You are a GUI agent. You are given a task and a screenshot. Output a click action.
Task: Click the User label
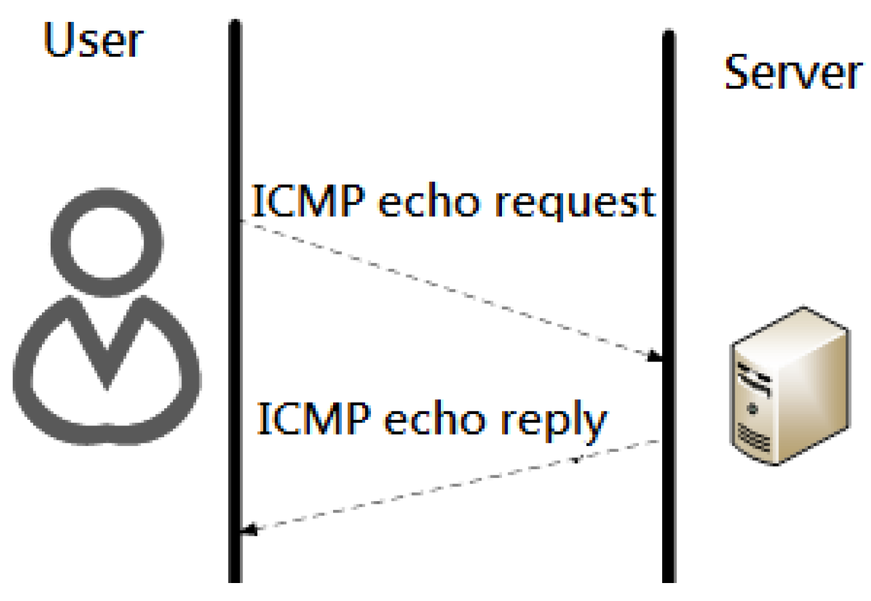pyautogui.click(x=92, y=41)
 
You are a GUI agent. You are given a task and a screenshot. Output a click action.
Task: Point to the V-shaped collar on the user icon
pyautogui.click(x=107, y=346)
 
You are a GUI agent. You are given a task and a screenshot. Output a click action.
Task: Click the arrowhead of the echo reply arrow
pyautogui.click(x=248, y=530)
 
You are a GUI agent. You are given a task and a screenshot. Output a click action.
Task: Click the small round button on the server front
pyautogui.click(x=753, y=406)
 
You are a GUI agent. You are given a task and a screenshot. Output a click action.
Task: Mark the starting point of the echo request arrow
pyautogui.click(x=242, y=221)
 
